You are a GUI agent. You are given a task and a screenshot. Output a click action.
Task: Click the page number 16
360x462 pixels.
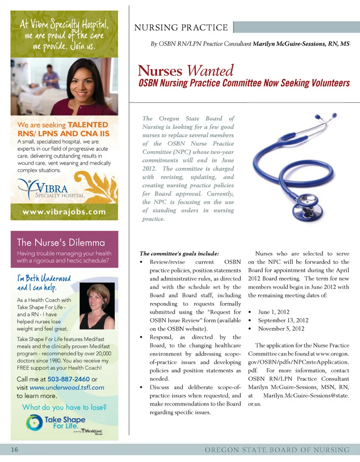click(x=15, y=450)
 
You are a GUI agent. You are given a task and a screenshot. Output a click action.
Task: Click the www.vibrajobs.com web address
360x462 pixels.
click(x=64, y=212)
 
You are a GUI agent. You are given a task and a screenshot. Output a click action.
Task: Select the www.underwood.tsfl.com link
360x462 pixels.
click(x=67, y=387)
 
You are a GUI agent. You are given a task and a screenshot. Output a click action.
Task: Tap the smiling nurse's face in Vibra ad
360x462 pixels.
click(x=83, y=82)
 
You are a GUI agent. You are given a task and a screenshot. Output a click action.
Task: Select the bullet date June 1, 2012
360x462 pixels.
click(x=274, y=312)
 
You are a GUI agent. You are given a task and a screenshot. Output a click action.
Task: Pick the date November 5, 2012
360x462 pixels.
click(x=281, y=328)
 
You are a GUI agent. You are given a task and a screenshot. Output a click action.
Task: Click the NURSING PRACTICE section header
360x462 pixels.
click(x=181, y=28)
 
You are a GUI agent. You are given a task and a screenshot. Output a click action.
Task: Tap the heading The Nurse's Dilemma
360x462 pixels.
click(x=61, y=243)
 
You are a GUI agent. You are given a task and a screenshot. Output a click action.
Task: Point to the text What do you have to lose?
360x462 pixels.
click(x=64, y=407)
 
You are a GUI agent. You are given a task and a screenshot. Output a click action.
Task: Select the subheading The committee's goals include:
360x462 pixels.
click(x=179, y=253)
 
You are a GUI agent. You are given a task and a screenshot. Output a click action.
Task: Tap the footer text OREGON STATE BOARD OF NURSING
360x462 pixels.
click(x=277, y=450)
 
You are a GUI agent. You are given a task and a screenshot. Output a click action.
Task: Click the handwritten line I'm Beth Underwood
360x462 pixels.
click(x=43, y=279)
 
